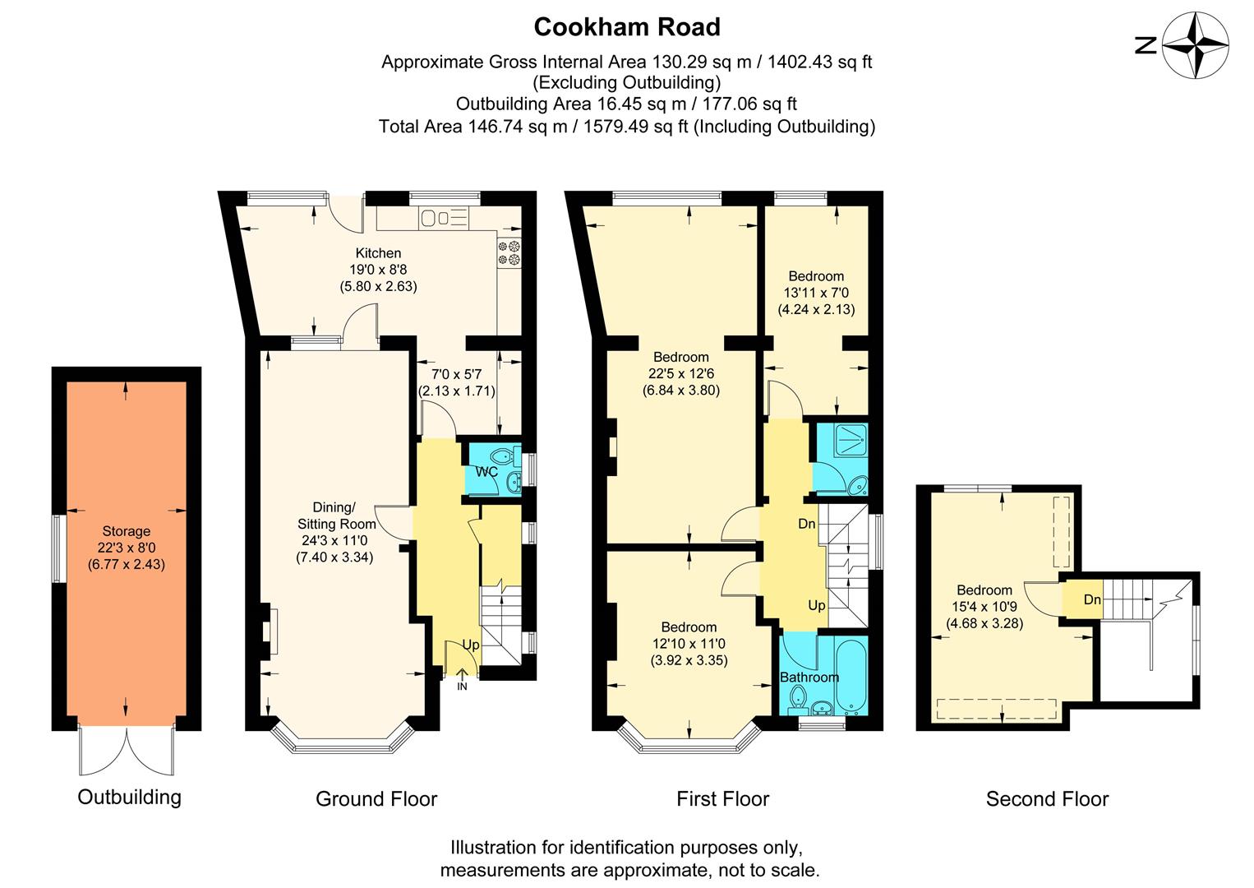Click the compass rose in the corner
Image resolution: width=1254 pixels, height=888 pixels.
(1197, 45)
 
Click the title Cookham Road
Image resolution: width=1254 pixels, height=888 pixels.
(627, 27)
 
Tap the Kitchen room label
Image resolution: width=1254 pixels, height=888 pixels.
(378, 253)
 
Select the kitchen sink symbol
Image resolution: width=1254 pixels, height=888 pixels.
(443, 218)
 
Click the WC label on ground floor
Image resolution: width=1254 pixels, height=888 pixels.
(486, 472)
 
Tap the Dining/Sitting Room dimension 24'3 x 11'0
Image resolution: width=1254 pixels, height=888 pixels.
(334, 540)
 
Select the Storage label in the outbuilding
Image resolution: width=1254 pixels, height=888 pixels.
(126, 531)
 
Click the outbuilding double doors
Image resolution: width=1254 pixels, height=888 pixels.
(127, 752)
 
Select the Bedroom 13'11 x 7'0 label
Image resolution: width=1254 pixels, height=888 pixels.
(816, 276)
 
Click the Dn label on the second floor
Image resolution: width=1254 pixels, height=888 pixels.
(1092, 599)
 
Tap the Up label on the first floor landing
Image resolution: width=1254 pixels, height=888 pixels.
(817, 605)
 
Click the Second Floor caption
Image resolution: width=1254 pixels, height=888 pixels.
(1047, 798)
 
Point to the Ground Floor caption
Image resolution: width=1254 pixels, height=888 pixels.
(376, 798)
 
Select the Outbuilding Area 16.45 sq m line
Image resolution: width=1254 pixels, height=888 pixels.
(626, 104)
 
